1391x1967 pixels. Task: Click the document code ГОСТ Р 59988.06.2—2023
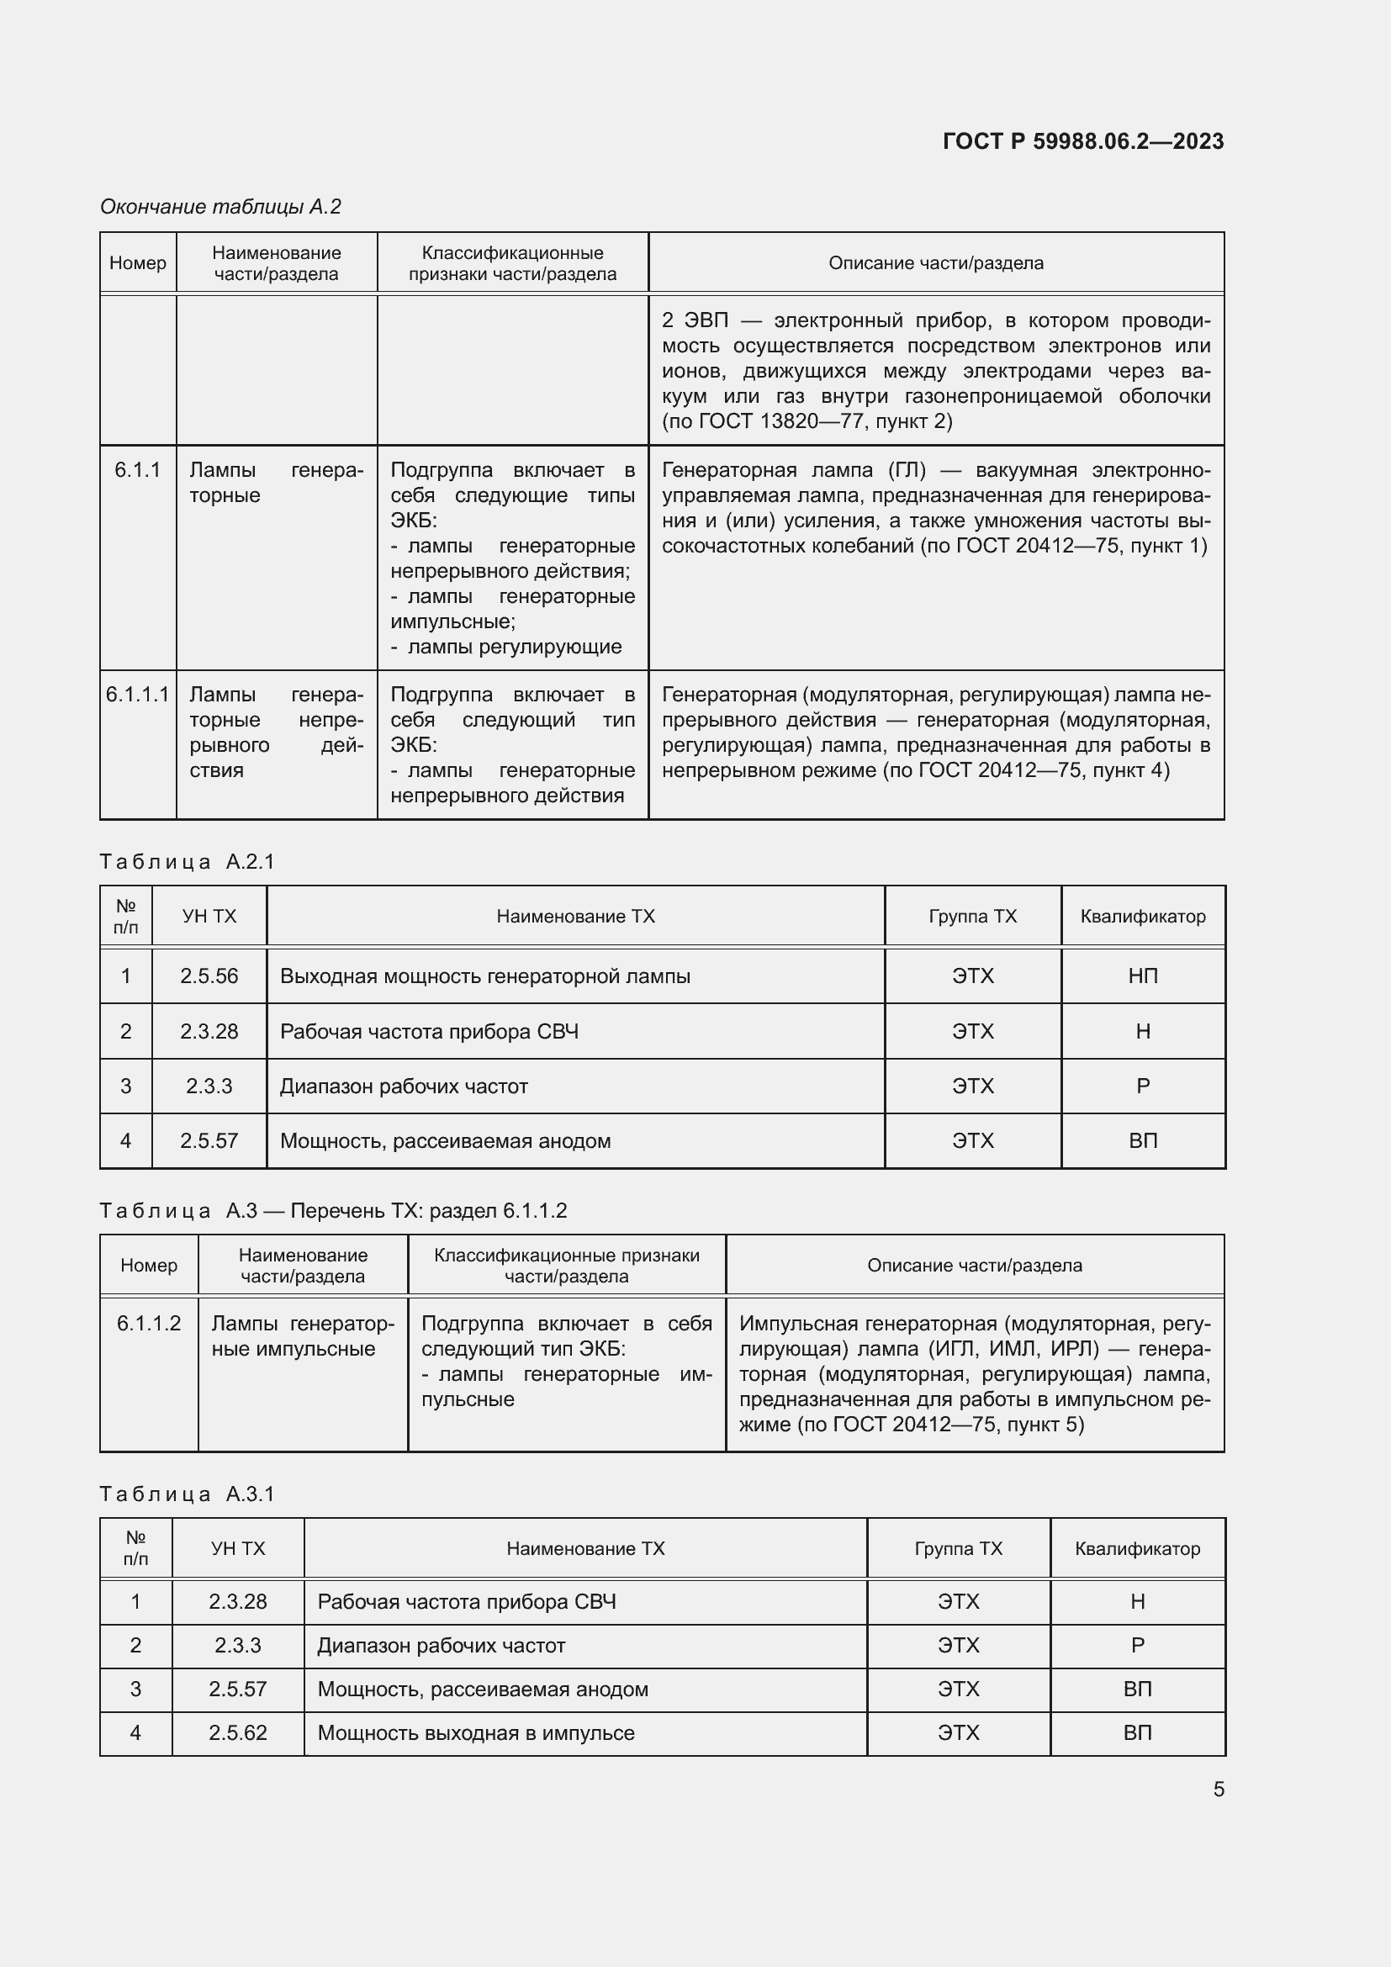tap(1082, 141)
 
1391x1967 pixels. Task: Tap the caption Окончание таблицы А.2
tap(220, 207)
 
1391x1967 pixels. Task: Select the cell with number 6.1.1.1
tap(138, 695)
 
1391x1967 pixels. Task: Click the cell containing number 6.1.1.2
tap(149, 1324)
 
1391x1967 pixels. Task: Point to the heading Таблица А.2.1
tap(187, 862)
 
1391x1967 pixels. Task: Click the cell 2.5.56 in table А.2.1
tap(209, 976)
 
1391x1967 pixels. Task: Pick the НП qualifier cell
tap(1143, 976)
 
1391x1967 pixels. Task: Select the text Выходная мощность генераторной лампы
tap(484, 976)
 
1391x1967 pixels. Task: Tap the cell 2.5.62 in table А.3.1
tap(238, 1733)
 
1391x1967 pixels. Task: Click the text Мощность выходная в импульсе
tap(476, 1733)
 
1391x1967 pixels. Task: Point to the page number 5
tap(1218, 1790)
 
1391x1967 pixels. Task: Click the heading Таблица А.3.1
tap(187, 1494)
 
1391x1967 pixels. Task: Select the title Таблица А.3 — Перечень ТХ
tap(333, 1210)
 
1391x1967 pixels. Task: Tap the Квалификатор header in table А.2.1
tap(1143, 917)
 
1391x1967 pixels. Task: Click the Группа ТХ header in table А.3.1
tap(958, 1549)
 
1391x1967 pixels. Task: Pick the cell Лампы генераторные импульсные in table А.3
tap(303, 1336)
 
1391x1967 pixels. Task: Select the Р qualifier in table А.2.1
tap(1143, 1087)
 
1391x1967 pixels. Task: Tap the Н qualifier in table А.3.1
tap(1138, 1602)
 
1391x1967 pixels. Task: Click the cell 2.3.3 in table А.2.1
tap(209, 1087)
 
